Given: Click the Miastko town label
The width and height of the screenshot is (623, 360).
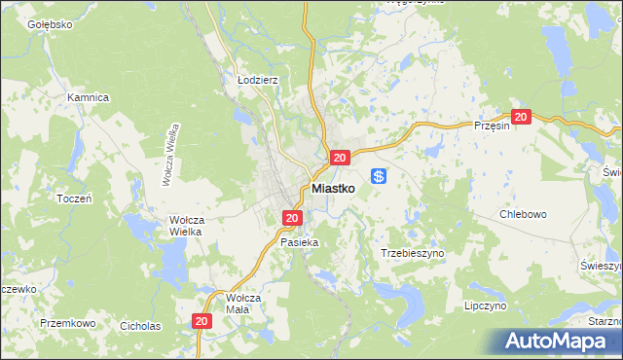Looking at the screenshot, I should click(339, 189).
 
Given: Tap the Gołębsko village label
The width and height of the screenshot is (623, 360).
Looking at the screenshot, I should click(51, 24).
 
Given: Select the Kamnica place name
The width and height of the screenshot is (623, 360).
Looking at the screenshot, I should click(87, 97).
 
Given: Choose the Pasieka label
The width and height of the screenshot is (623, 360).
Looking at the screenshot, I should click(299, 241).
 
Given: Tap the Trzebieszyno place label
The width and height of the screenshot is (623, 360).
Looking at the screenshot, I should click(412, 252).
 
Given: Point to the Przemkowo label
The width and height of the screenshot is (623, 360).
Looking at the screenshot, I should click(67, 322).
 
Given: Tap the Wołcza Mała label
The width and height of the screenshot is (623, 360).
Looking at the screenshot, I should click(238, 303).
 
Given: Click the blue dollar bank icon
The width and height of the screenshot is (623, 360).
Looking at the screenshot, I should click(380, 176).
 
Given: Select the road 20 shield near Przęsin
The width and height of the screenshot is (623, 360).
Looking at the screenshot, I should click(521, 117).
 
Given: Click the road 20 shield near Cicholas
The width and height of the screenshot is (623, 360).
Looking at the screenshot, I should click(202, 320).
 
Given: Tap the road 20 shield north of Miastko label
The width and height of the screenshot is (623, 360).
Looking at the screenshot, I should click(339, 158).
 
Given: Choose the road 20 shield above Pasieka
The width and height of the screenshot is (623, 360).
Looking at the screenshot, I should click(292, 218).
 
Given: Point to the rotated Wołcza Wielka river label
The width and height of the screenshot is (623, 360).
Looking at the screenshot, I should click(171, 155).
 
